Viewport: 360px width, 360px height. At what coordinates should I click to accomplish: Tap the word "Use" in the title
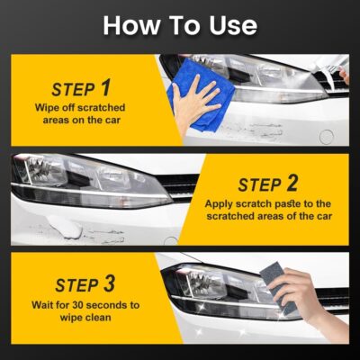click(229, 24)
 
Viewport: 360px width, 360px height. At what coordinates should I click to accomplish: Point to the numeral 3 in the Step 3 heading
click(108, 284)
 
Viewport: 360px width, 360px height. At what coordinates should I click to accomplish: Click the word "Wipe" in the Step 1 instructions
click(50, 109)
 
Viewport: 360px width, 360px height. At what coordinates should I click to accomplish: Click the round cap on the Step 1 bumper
click(325, 136)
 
